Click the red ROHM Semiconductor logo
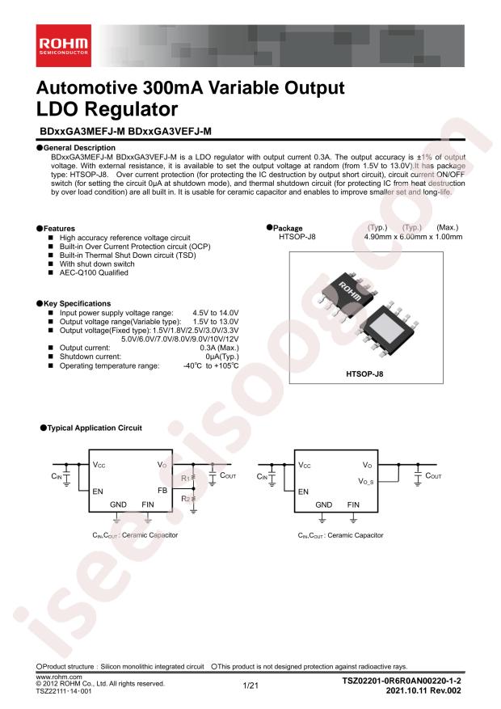(x=64, y=45)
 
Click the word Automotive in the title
(x=86, y=88)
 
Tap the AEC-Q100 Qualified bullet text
(x=94, y=272)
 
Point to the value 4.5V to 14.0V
(x=216, y=313)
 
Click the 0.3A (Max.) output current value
(x=219, y=348)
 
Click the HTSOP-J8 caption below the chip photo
(x=364, y=374)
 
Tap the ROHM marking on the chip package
(x=350, y=292)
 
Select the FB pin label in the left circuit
(x=162, y=491)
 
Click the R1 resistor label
(x=185, y=478)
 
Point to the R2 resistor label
(x=185, y=499)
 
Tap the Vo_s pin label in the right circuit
(x=366, y=482)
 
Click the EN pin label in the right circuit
(x=303, y=492)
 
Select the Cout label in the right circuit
(x=433, y=475)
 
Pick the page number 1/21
(x=250, y=686)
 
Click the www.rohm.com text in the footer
(x=59, y=677)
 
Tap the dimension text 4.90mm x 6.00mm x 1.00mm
(x=414, y=237)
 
